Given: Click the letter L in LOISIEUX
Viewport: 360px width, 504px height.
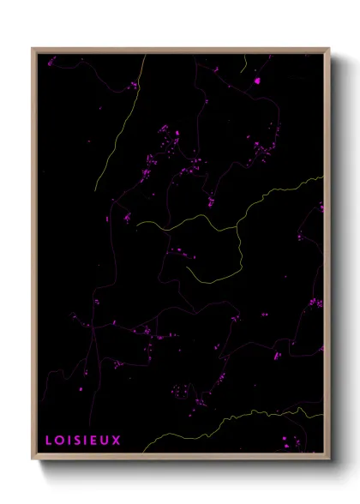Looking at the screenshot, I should pos(49,441).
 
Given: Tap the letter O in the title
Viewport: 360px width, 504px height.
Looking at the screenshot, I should pos(58,441).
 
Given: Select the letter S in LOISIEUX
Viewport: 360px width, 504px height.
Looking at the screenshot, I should pos(77,441).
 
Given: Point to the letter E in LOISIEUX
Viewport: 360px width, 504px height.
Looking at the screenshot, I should pos(95,441).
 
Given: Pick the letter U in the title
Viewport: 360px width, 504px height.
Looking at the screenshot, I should pos(105,441).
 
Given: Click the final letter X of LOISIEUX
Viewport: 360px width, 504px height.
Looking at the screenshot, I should pos(117,441).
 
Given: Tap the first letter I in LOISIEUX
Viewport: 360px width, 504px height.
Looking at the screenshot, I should pos(68,441).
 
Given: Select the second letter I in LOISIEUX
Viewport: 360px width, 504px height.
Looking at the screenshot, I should pos(86,441).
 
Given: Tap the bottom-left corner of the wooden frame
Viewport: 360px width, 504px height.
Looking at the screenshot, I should pos(33,459).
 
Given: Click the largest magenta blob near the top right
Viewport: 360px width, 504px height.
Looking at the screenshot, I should pos(257,81).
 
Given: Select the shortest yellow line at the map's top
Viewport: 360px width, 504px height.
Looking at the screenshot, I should pos(244,63).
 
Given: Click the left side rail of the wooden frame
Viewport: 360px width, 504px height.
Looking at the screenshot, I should pos(34,257).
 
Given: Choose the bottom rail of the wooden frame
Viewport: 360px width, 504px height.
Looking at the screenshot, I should pos(180,457).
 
